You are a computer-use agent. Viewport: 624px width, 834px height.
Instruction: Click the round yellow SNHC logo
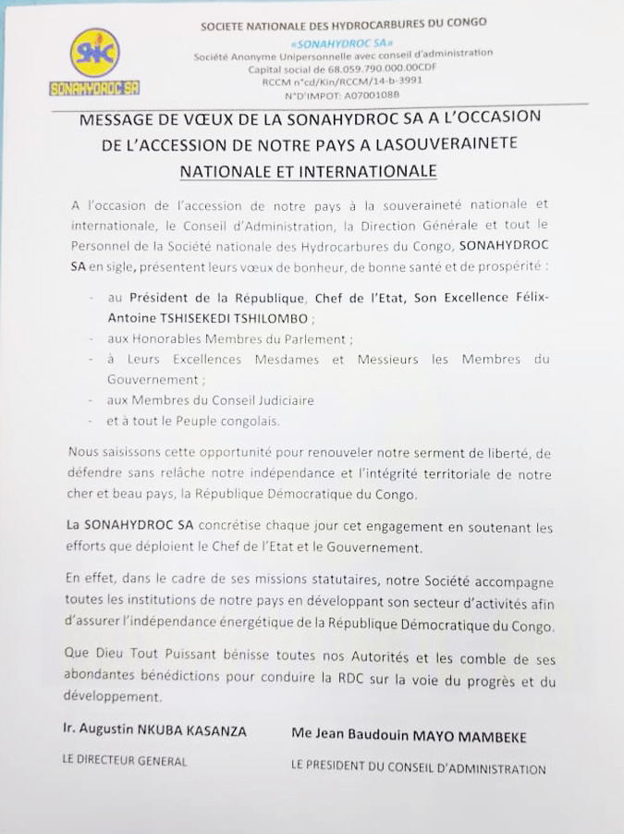tap(94, 52)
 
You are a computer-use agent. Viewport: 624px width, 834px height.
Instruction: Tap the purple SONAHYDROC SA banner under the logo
tap(94, 88)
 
